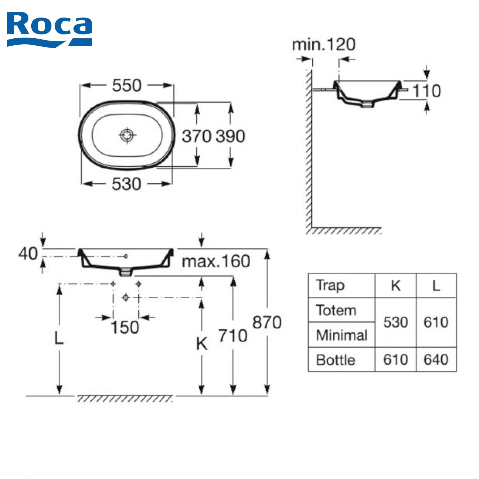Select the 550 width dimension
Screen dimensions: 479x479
(x=126, y=86)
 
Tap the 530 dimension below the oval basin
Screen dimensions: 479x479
(x=126, y=184)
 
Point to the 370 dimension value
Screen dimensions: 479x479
(x=197, y=136)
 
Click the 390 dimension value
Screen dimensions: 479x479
(x=231, y=136)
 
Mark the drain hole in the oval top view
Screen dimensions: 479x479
(x=127, y=135)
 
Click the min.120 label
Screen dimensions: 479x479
(x=324, y=45)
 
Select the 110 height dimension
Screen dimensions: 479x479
(x=427, y=91)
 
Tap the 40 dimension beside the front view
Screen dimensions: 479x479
(x=28, y=254)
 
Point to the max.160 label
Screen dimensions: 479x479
(x=216, y=261)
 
